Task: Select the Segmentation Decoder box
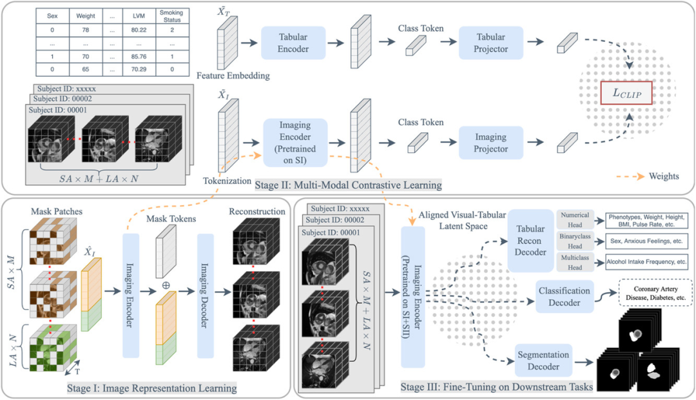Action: (x=544, y=360)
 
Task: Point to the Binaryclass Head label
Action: (x=575, y=241)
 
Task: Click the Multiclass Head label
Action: (x=575, y=262)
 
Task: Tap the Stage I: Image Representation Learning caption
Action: (x=151, y=388)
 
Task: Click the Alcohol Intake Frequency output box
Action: (x=646, y=262)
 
